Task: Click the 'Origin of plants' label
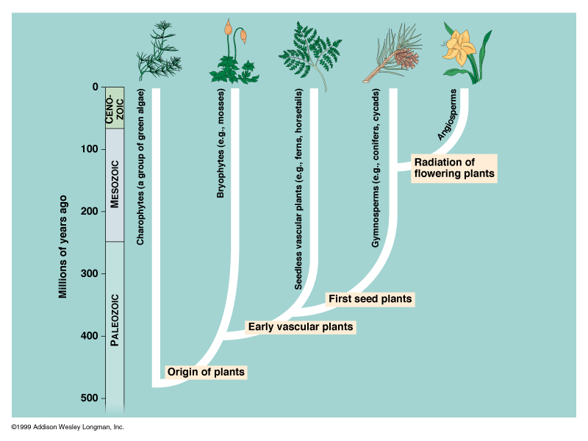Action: tap(206, 372)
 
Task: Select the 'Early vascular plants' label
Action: tap(301, 327)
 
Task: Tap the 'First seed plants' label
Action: tap(370, 299)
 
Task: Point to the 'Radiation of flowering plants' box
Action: tap(453, 168)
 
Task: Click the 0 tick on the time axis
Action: tap(95, 87)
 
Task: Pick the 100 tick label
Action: tap(89, 149)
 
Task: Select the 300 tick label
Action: tap(89, 274)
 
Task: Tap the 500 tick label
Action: tap(89, 398)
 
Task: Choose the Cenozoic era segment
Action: tap(115, 108)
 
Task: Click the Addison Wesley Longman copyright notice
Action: tap(68, 427)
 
